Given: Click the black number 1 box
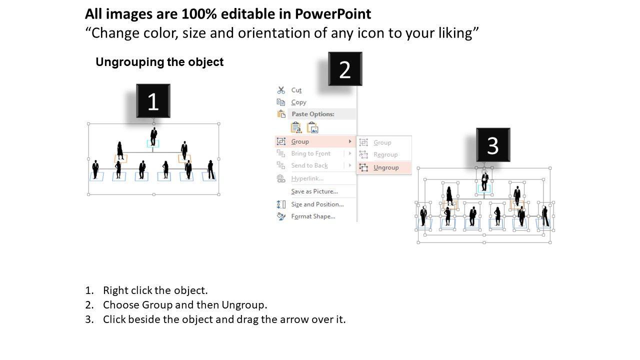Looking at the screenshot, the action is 153,101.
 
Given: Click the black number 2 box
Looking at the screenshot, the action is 345,69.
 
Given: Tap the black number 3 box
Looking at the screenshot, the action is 493,145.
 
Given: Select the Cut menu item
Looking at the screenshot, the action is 296,90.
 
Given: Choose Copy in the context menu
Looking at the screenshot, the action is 298,102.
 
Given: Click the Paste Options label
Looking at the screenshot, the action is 313,114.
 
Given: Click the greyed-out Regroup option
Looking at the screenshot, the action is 385,154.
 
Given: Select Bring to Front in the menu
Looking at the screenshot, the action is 310,153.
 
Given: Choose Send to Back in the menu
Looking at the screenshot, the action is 309,165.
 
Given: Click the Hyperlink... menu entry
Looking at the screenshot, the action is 307,178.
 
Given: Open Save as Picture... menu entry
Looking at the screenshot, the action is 314,191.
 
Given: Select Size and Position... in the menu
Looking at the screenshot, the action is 317,204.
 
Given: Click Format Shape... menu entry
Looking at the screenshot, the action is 313,216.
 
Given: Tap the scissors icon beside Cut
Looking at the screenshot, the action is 281,90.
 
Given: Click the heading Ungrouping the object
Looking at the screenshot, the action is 159,62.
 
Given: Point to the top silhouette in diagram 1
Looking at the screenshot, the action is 153,136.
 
